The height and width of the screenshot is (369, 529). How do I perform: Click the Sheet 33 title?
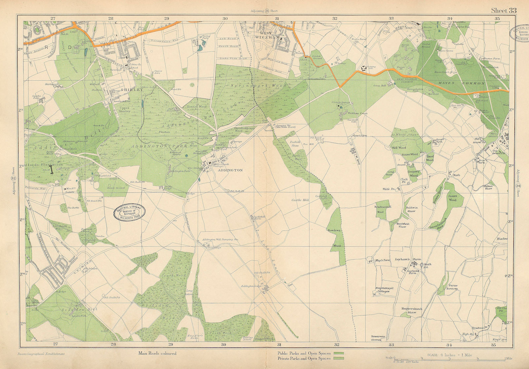(x=503, y=10)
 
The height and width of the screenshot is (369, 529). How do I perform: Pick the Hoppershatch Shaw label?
(x=411, y=310)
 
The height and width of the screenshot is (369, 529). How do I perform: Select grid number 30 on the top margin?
(x=225, y=19)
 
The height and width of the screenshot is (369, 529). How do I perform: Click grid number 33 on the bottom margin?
(x=391, y=345)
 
